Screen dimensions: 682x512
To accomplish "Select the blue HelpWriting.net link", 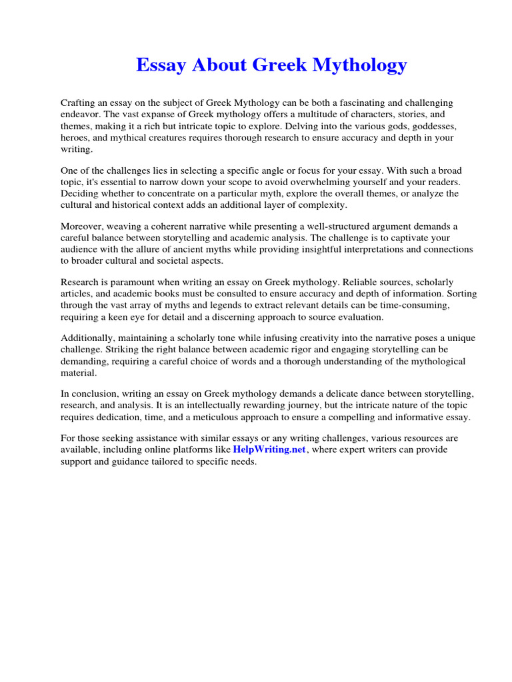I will pyautogui.click(x=269, y=450).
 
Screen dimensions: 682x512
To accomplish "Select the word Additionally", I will pyautogui.click(x=87, y=338).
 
